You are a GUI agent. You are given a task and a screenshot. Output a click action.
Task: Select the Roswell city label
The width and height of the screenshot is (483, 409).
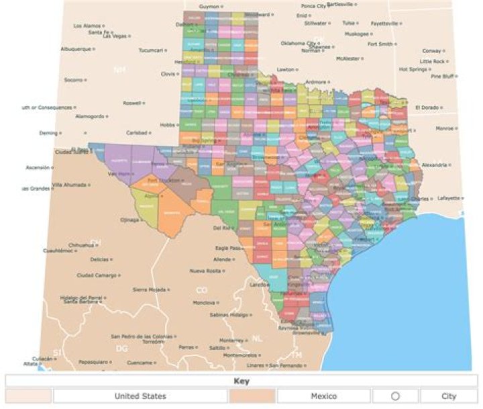point(132,103)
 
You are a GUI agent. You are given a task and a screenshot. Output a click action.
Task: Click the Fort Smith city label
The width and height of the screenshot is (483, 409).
point(380,44)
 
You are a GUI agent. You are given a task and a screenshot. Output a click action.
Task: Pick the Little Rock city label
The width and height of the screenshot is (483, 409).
point(432,61)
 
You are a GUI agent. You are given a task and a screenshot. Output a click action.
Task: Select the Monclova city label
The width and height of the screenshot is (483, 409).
point(204,303)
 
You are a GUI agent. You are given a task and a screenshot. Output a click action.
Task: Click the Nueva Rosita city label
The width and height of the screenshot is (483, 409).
point(206,271)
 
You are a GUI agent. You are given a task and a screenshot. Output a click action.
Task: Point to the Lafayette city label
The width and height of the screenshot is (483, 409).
point(449,198)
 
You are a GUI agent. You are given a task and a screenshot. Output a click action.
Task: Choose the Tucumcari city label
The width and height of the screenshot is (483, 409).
point(151,50)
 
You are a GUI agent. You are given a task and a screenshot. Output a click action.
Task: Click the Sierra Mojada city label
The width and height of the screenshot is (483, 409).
point(148,289)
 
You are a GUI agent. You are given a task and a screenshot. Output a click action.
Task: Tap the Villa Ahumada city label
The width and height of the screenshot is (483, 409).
point(69,184)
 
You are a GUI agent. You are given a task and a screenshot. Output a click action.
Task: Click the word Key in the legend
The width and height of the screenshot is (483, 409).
point(241,381)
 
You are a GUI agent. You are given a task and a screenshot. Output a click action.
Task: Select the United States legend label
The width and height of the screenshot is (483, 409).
point(140,396)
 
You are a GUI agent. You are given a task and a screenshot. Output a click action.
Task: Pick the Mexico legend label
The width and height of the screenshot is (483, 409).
point(323,396)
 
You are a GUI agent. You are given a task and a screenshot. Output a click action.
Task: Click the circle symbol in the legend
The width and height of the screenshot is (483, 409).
point(395,396)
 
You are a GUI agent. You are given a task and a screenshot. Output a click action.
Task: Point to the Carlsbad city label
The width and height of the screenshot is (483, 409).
point(136,132)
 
